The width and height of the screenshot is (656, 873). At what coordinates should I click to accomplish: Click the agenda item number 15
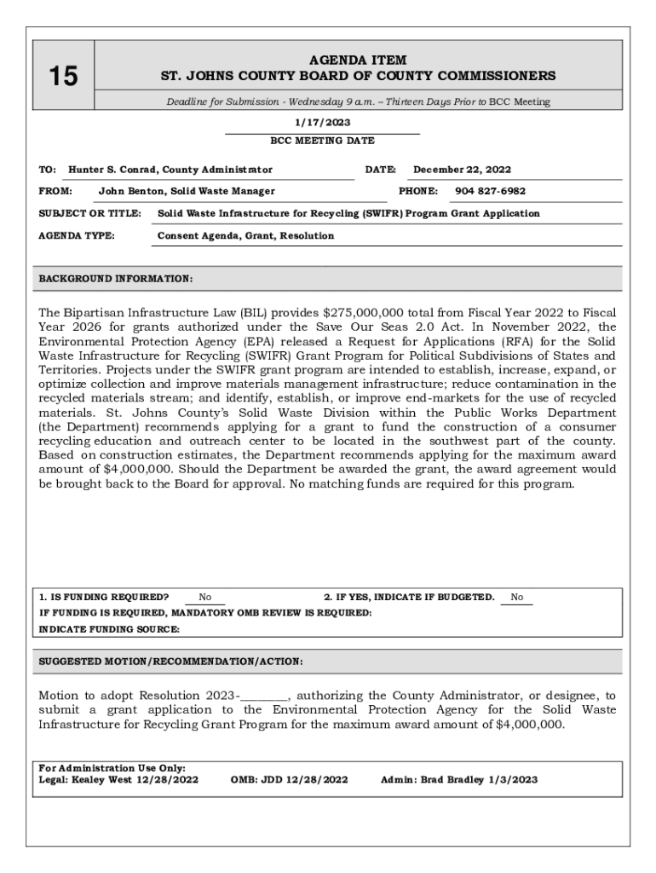pos(62,77)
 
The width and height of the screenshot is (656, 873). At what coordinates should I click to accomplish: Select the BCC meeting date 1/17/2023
pos(322,123)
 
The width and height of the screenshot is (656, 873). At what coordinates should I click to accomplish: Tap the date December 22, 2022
pos(463,170)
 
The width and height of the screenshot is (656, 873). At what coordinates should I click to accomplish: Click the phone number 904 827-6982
pos(490,191)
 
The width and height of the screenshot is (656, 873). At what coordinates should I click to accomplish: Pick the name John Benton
pos(128,191)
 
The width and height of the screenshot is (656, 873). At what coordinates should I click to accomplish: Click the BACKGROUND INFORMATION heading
pos(116,279)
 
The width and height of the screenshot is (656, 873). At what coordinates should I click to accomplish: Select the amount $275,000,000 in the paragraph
pos(364,312)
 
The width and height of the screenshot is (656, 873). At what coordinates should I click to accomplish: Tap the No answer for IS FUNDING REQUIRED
pos(205,598)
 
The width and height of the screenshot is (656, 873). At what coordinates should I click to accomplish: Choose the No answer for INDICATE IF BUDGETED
pos(517,598)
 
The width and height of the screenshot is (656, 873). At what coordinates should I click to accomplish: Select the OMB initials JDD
pos(278,779)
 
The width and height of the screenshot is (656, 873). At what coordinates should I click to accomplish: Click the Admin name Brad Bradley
pos(452,779)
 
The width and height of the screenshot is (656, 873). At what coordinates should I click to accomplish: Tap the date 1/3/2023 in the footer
pos(513,779)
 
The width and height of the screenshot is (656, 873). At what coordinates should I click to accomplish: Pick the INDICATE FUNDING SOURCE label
pos(110,629)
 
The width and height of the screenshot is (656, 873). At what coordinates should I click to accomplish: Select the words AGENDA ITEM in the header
pos(358,60)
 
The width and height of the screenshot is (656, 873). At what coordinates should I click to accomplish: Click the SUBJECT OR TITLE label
pos(89,213)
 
